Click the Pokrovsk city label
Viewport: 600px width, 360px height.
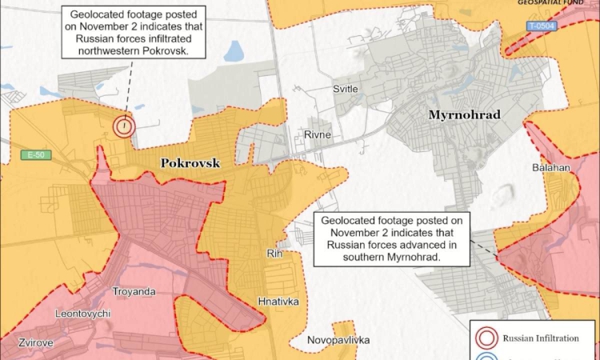(x=190, y=162)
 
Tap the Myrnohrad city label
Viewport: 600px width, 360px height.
(x=464, y=115)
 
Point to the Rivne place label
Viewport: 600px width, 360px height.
(x=317, y=135)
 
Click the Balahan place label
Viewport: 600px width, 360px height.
(x=550, y=168)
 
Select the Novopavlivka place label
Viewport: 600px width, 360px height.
(x=338, y=340)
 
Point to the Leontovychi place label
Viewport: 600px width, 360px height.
(x=82, y=314)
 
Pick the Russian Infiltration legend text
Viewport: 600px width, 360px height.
(x=540, y=338)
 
